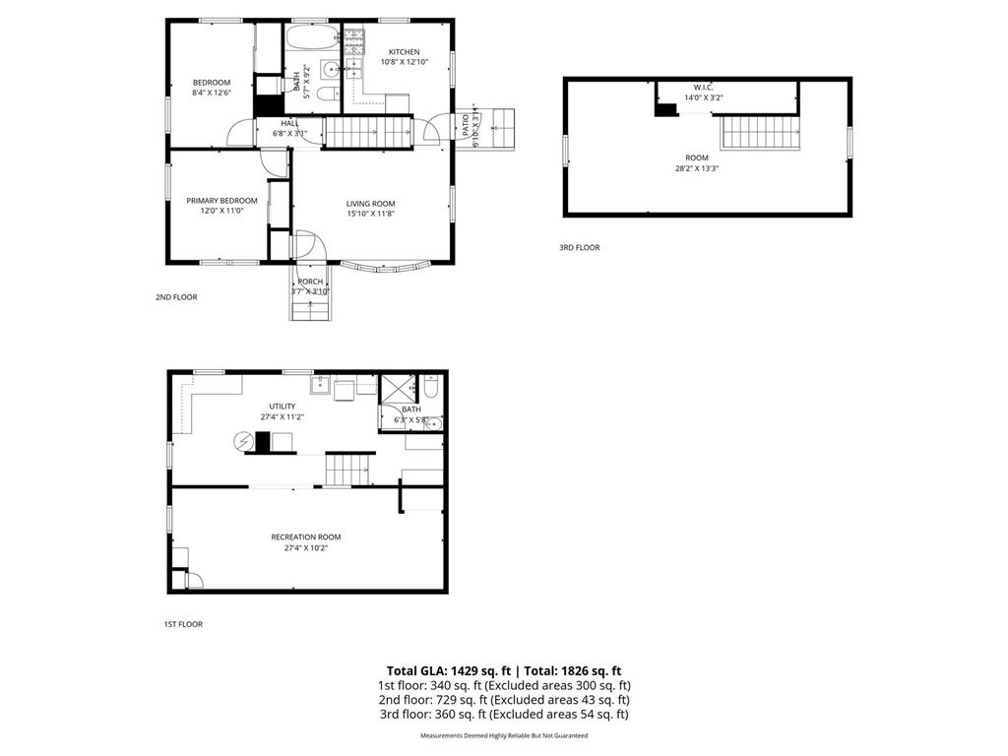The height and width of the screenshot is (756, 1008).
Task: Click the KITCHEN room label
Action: tap(404, 52)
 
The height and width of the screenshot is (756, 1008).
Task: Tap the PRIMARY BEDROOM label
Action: tap(221, 201)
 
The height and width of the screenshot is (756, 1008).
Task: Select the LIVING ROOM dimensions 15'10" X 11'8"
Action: tap(370, 214)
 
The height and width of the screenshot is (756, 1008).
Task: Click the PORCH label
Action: tap(310, 282)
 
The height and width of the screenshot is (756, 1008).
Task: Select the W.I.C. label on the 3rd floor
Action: tap(703, 87)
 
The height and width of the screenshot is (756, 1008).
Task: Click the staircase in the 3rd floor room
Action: tap(759, 131)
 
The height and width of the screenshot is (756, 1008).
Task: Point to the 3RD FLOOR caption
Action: tap(579, 248)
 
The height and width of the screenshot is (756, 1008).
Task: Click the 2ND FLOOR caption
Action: tap(176, 296)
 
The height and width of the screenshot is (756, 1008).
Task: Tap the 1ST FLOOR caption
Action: tap(183, 624)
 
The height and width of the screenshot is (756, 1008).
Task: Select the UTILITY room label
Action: tap(283, 407)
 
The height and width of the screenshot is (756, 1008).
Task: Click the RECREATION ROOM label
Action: tap(306, 536)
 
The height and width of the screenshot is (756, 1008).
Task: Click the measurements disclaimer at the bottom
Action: tap(504, 735)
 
